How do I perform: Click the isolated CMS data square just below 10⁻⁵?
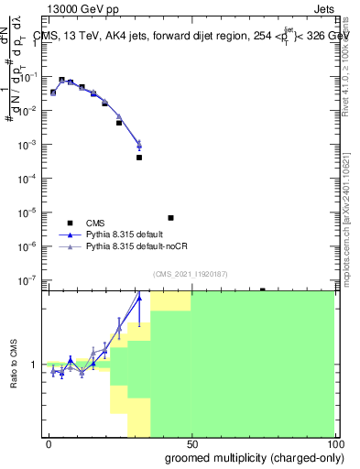[x=170, y=218]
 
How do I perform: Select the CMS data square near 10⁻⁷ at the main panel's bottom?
[x=262, y=289]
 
